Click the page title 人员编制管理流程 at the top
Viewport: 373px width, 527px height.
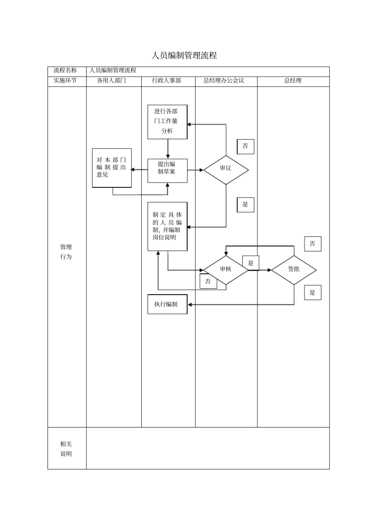[x=184, y=55]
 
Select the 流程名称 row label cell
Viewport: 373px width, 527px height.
[x=66, y=71]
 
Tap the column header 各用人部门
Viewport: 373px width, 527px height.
[x=112, y=81]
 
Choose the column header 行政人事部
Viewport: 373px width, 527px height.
[x=167, y=81]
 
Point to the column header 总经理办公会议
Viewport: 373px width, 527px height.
[x=224, y=81]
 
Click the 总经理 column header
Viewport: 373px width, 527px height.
[x=293, y=81]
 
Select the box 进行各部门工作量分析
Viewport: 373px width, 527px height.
[x=167, y=122]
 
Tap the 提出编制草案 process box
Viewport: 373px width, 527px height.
[x=167, y=170]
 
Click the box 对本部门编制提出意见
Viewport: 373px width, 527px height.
[x=112, y=168]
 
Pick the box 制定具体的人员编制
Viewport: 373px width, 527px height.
[x=167, y=226]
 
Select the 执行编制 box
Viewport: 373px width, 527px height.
[x=167, y=304]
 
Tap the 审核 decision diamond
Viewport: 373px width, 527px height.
[x=226, y=270]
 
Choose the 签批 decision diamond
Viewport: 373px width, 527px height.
[x=294, y=270]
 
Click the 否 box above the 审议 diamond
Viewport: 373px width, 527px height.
[x=245, y=147]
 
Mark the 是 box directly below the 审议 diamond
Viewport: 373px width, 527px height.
[x=245, y=205]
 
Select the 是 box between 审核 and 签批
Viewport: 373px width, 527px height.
[x=251, y=263]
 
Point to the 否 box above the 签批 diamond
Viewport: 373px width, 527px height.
[x=313, y=244]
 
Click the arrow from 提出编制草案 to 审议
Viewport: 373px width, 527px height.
[x=195, y=170]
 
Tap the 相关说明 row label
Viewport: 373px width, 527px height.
[x=66, y=449]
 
